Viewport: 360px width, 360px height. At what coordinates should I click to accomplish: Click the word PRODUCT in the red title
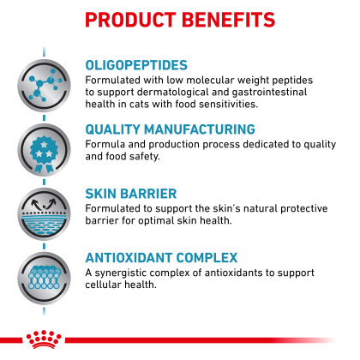(130, 20)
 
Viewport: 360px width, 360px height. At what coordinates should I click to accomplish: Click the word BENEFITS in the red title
(228, 20)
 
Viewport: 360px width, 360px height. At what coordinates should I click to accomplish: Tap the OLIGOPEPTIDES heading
(136, 65)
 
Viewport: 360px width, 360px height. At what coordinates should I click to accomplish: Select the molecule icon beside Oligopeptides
(44, 86)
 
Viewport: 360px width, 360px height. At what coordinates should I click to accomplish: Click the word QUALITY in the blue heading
(113, 129)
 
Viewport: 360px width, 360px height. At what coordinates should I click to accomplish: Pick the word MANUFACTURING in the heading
(200, 129)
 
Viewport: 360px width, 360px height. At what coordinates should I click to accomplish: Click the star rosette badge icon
(44, 150)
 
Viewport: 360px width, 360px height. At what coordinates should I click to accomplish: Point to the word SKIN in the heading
(100, 194)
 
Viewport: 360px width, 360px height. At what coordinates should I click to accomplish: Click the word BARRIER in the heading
(148, 194)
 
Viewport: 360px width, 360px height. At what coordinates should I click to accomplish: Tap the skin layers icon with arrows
(44, 214)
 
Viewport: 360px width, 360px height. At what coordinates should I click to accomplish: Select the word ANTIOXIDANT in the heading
(129, 258)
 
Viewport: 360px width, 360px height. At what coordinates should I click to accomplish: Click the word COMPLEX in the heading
(207, 258)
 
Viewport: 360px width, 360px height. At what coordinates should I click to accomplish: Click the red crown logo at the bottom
(44, 339)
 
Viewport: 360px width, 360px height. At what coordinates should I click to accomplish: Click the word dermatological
(173, 93)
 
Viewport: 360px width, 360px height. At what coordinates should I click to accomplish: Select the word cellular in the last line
(103, 285)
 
